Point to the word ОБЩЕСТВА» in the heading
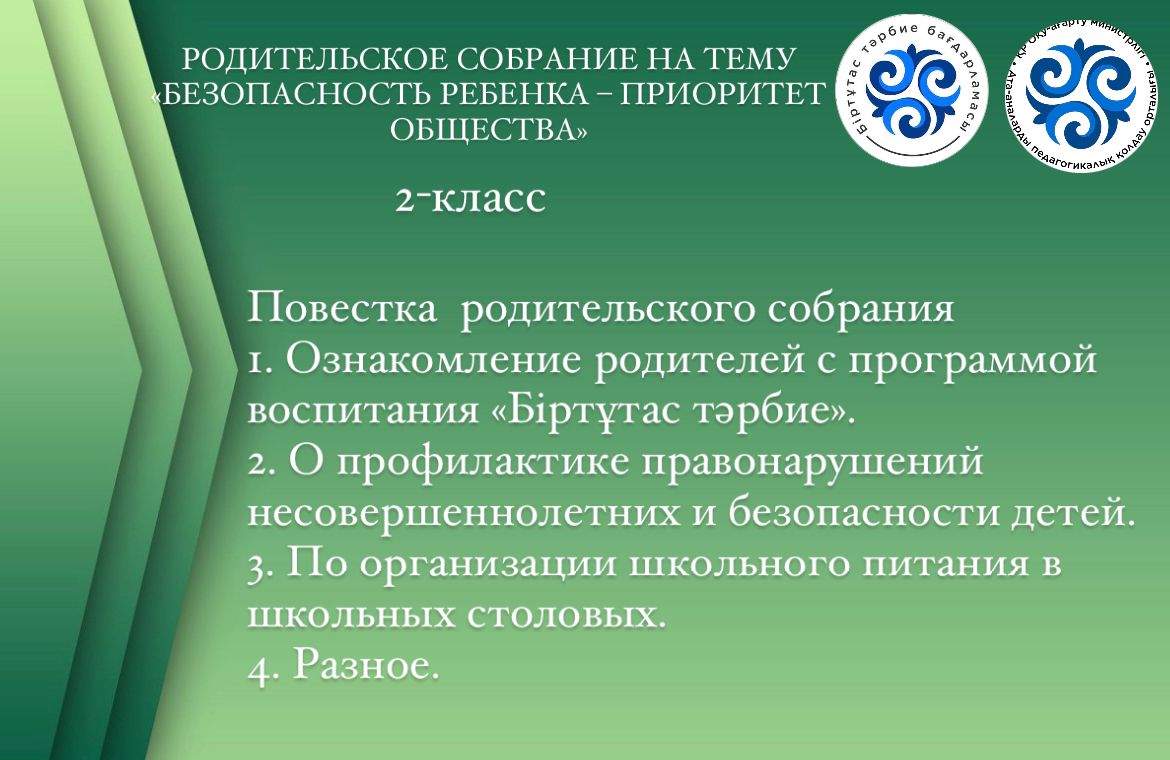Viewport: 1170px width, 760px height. [489, 129]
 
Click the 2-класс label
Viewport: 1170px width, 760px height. [470, 199]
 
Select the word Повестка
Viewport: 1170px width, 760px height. [342, 307]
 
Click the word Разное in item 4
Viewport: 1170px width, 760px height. [361, 663]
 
